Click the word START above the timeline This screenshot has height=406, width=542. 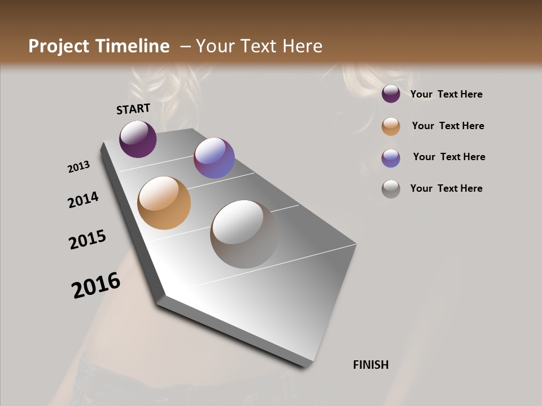click(133, 109)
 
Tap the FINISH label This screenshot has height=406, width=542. click(371, 365)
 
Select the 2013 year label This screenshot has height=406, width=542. click(79, 167)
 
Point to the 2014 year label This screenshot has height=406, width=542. click(83, 200)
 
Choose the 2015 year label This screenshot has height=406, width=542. click(88, 240)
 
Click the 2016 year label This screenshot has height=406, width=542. click(96, 285)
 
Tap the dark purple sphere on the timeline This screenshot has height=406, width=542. click(138, 139)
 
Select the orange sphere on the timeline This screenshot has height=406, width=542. click(164, 203)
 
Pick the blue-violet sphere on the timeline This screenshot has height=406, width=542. click(214, 158)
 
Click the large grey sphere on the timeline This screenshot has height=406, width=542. click(244, 233)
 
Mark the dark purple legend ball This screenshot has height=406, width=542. click(391, 94)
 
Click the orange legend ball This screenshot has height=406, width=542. click(391, 126)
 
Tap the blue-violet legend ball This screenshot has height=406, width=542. click(391, 158)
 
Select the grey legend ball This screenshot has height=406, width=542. click(391, 189)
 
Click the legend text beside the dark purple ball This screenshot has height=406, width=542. click(446, 94)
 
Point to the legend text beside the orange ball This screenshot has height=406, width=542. click(448, 126)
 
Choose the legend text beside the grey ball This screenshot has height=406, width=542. click(446, 188)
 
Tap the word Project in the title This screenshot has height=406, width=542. click(59, 46)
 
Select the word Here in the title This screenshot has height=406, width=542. click(302, 46)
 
